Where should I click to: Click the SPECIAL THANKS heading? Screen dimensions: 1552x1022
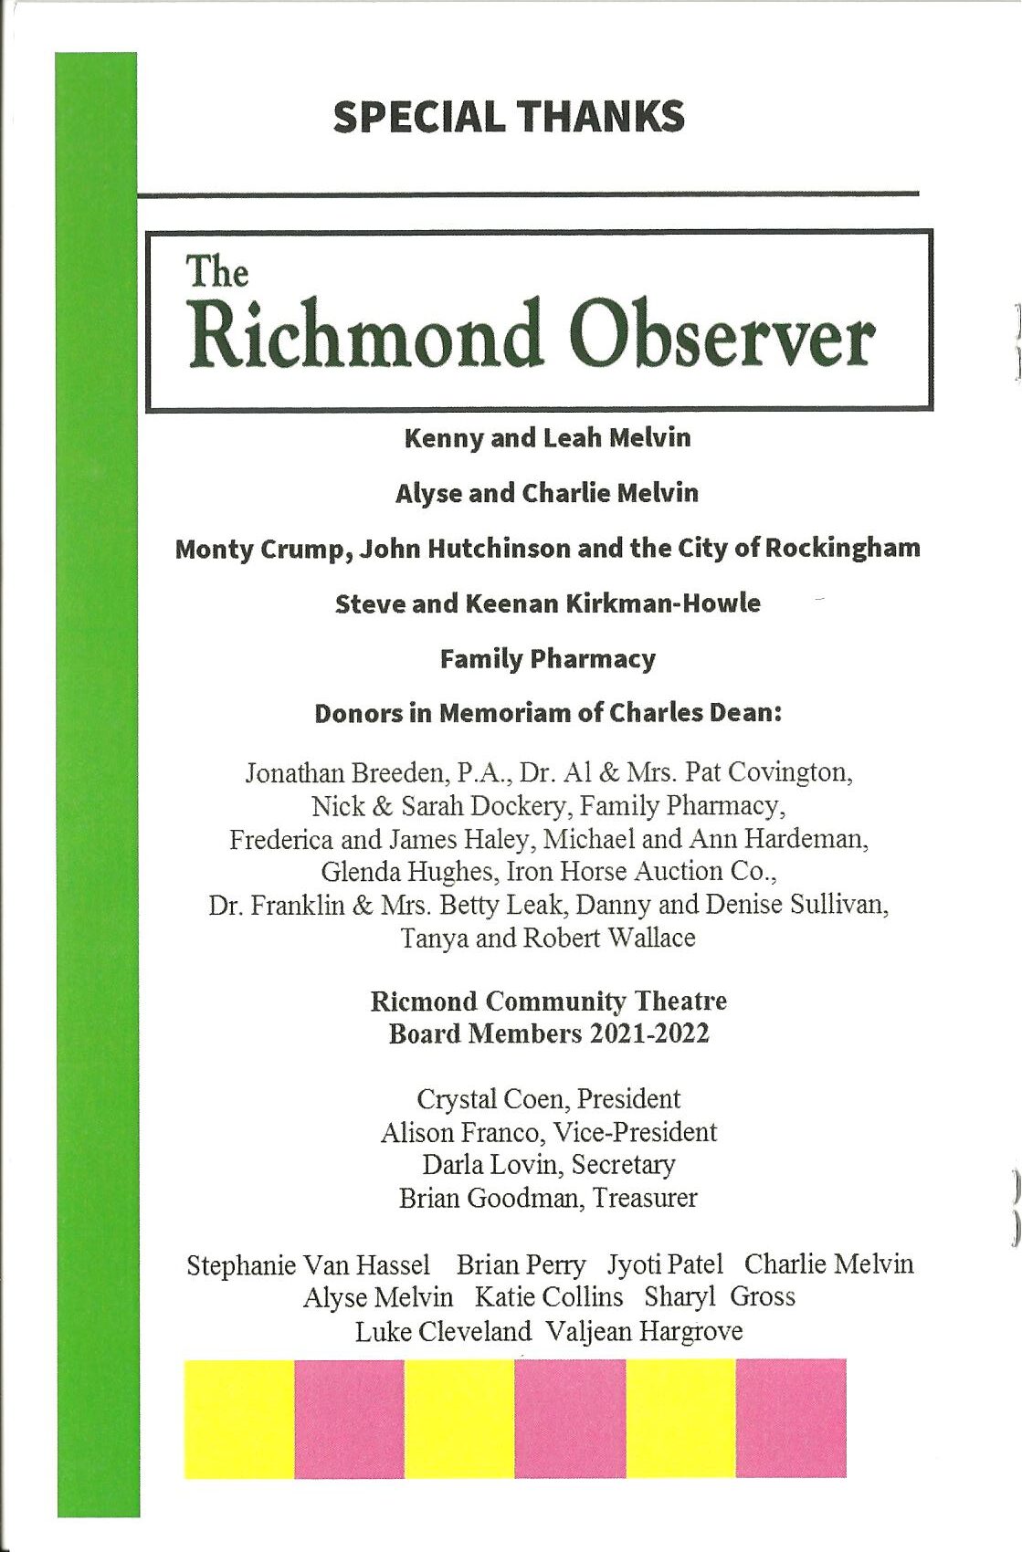(x=509, y=117)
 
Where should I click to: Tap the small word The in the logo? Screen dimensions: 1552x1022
(x=217, y=272)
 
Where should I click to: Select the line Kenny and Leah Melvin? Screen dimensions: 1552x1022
(x=547, y=438)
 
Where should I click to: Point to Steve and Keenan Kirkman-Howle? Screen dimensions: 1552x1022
(x=547, y=603)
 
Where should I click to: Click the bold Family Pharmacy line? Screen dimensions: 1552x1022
(x=547, y=659)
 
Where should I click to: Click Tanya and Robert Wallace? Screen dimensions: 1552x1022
(x=548, y=938)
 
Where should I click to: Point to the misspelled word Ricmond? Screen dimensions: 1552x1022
(x=423, y=1001)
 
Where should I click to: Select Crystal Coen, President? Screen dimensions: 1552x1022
(x=548, y=1099)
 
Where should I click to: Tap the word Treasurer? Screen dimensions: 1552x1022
(x=645, y=1198)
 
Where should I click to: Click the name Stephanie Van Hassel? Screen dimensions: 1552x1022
(x=308, y=1265)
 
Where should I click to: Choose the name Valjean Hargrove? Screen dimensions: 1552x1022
(x=644, y=1331)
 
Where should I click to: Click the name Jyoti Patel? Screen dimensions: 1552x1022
(x=665, y=1264)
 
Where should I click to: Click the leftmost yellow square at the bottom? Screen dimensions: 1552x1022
(x=239, y=1418)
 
